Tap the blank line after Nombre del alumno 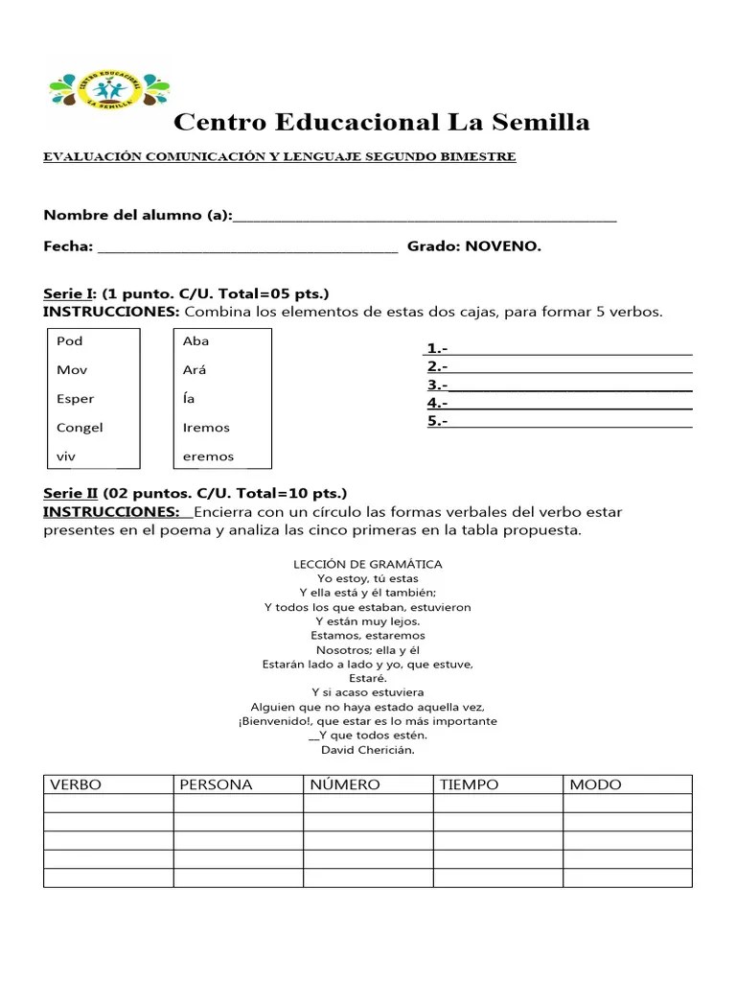point(425,217)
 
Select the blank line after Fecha point(247,247)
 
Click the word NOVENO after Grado point(503,246)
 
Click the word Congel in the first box point(80,428)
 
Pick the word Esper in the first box point(76,399)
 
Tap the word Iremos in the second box point(206,428)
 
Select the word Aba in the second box point(195,341)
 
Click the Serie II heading point(70,493)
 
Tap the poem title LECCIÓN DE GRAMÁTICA point(368,565)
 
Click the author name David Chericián point(368,750)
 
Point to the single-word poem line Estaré point(368,677)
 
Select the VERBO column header point(76,784)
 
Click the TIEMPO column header point(469,784)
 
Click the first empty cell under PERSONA point(238,804)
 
